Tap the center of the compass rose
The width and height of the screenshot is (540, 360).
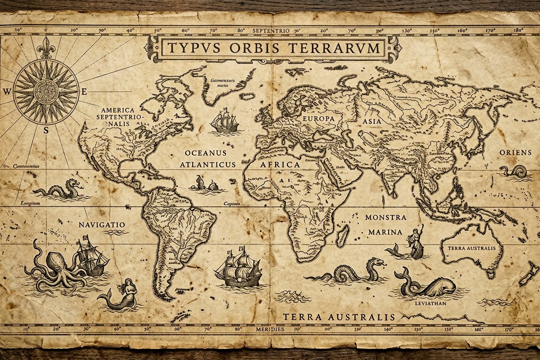[x=46, y=91]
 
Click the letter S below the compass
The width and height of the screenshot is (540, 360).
[x=46, y=131]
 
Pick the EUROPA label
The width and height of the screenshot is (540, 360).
[x=319, y=119]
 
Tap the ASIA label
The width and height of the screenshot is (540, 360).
[x=371, y=121]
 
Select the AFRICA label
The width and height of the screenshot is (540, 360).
[x=280, y=165]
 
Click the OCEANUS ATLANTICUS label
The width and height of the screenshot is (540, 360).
[x=206, y=159]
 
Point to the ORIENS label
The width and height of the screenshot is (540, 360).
[x=516, y=152]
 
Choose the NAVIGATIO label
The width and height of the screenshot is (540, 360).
[x=102, y=225]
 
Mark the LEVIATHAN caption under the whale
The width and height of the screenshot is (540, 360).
[x=430, y=303]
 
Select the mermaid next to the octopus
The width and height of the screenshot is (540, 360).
[x=121, y=294]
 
